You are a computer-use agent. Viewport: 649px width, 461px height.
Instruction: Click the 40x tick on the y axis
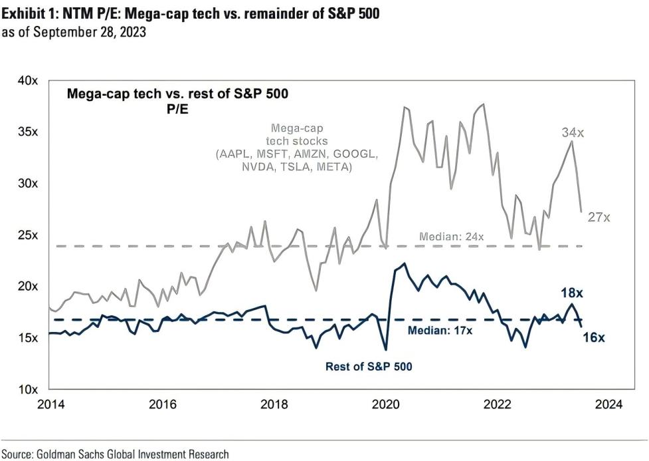pyautogui.click(x=28, y=80)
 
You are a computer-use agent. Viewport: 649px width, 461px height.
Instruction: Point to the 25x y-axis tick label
pyautogui.click(x=28, y=235)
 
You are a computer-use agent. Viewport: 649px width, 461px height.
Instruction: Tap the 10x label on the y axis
pyautogui.click(x=28, y=389)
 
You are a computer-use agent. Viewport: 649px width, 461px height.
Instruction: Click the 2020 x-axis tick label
pyautogui.click(x=385, y=404)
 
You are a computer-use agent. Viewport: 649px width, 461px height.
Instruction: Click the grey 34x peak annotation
pyautogui.click(x=573, y=132)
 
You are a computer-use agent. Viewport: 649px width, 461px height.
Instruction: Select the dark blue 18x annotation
pyautogui.click(x=573, y=292)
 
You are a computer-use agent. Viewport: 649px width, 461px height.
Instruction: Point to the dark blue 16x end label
pyautogui.click(x=593, y=337)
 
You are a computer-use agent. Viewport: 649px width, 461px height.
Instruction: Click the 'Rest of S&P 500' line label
pyautogui.click(x=368, y=366)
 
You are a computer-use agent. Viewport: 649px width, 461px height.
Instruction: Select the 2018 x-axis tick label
pyautogui.click(x=274, y=404)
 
